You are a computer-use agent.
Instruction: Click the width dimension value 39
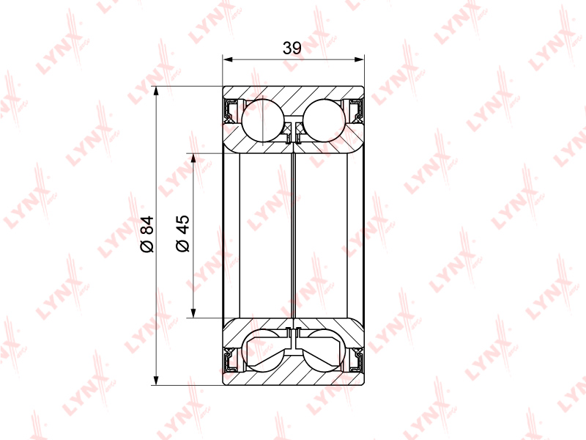tap(292, 48)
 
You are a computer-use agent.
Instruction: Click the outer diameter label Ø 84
tap(147, 234)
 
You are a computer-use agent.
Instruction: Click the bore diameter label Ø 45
tap(182, 233)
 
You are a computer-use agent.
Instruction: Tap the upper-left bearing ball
tap(263, 120)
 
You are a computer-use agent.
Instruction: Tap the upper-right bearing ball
tap(324, 120)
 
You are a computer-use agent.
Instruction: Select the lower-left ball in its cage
tap(263, 351)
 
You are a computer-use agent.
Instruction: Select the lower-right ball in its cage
tap(324, 351)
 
